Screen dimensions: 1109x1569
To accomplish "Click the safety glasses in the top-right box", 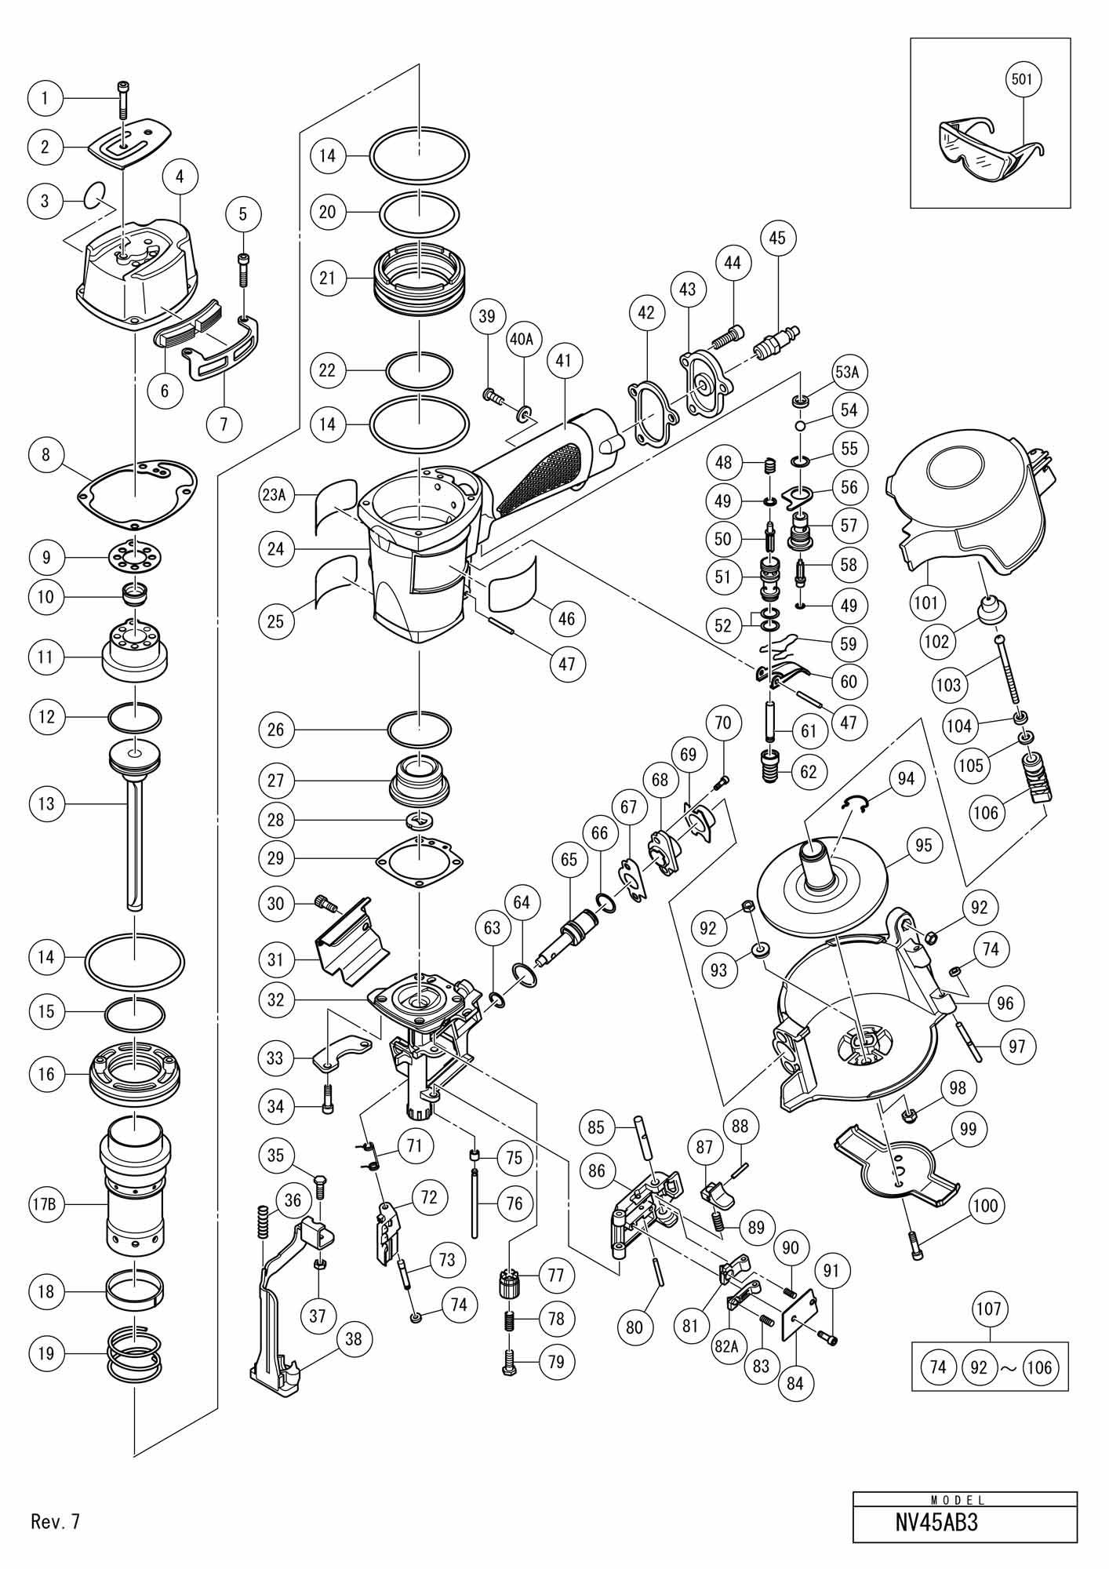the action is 992,141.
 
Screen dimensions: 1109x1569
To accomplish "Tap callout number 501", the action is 1023,79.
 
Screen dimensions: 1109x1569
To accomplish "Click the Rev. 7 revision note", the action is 56,1522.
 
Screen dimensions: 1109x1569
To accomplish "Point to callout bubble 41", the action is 563,361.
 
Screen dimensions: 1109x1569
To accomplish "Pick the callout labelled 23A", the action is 276,495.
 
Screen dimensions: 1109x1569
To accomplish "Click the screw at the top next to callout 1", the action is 122,105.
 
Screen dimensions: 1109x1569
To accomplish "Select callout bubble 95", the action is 924,845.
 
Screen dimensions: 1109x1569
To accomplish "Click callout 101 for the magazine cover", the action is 925,603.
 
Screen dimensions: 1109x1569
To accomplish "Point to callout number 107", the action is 989,1309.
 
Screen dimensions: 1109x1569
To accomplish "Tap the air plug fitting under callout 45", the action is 771,344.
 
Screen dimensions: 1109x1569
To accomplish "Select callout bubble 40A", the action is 522,338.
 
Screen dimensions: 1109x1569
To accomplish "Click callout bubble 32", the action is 275,1000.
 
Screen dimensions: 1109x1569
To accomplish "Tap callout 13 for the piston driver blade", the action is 46,803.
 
